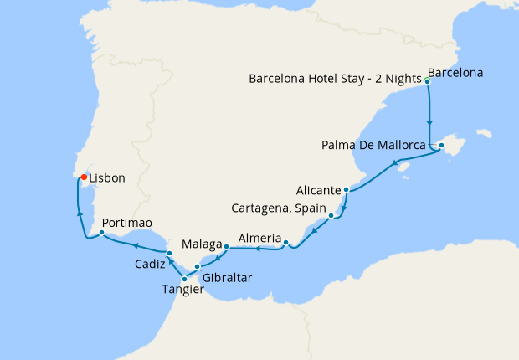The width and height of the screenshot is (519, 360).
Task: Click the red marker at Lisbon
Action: pyautogui.click(x=84, y=177)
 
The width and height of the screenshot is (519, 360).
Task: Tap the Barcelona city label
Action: pyautogui.click(x=455, y=73)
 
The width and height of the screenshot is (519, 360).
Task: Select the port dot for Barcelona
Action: pyautogui.click(x=428, y=81)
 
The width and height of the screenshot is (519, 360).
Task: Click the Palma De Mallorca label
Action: pyautogui.click(x=373, y=146)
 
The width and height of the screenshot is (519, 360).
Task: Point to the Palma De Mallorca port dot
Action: pyautogui.click(x=441, y=146)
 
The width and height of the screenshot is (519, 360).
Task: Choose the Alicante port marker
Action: pyautogui.click(x=346, y=190)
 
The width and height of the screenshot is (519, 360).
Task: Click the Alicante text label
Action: pyautogui.click(x=318, y=190)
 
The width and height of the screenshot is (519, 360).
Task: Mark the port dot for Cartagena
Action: pyautogui.click(x=332, y=216)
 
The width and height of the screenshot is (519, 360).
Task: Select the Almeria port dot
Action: pyautogui.click(x=286, y=244)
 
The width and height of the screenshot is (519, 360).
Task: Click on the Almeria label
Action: pyautogui.click(x=259, y=239)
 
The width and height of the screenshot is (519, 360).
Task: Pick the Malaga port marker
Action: pyautogui.click(x=226, y=246)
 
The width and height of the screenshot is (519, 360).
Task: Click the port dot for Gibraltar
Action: pyautogui.click(x=198, y=267)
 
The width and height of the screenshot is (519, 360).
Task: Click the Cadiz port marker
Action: pyautogui.click(x=168, y=253)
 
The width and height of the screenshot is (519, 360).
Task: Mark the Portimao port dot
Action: pyautogui.click(x=100, y=234)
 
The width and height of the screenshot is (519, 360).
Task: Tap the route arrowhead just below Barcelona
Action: pyautogui.click(x=429, y=120)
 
